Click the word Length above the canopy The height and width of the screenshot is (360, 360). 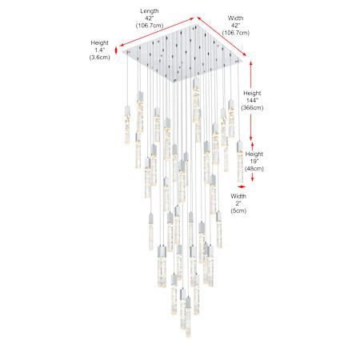click(x=150, y=11)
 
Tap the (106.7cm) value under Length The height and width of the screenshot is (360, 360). click(x=150, y=26)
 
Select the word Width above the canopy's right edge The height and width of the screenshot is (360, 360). click(x=236, y=18)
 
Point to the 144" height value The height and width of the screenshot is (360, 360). click(x=252, y=101)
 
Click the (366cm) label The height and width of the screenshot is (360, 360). click(x=252, y=108)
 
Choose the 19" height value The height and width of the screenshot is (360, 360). click(x=254, y=162)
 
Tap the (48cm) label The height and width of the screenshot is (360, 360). click(x=254, y=169)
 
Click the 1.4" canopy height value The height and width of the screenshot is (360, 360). click(x=100, y=50)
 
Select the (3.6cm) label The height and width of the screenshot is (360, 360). click(x=100, y=58)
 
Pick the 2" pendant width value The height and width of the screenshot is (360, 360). click(x=238, y=203)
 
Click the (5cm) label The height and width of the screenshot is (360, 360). click(x=238, y=210)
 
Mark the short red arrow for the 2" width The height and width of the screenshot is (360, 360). click(x=242, y=186)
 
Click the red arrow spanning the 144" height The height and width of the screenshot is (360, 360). click(x=250, y=101)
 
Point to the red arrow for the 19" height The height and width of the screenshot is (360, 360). click(x=253, y=162)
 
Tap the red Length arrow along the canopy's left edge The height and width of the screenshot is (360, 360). click(x=157, y=32)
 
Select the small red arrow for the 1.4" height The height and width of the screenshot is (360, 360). click(x=116, y=50)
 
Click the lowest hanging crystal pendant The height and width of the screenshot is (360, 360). click(x=188, y=318)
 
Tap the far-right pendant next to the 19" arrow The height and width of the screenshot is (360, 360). click(x=240, y=162)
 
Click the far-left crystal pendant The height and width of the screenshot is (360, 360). click(x=127, y=125)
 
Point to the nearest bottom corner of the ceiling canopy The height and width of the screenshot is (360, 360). click(x=174, y=82)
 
